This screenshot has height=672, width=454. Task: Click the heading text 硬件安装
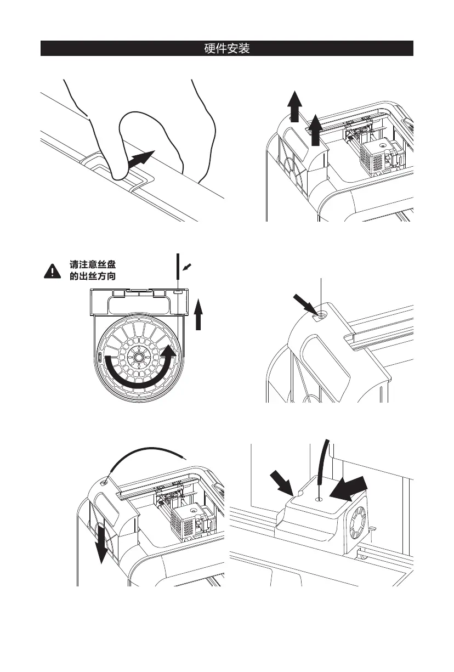pyautogui.click(x=226, y=49)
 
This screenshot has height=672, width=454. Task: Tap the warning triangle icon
pyautogui.click(x=52, y=270)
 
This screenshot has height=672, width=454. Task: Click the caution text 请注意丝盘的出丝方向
pyautogui.click(x=92, y=270)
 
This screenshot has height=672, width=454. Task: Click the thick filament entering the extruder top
pyautogui.click(x=323, y=466)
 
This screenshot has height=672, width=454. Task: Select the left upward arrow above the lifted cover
pyautogui.click(x=294, y=108)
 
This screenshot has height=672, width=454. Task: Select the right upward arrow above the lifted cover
pyautogui.click(x=315, y=129)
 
